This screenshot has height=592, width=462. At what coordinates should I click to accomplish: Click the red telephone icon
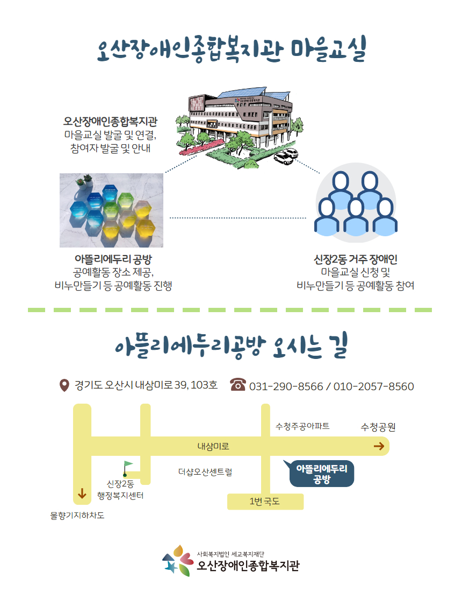(238, 384)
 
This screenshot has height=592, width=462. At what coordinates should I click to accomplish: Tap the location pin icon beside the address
(64, 385)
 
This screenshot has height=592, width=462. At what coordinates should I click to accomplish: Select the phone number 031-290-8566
(286, 386)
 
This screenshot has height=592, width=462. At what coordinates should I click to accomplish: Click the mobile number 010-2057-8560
(373, 386)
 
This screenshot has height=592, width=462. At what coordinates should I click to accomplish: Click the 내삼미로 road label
(213, 446)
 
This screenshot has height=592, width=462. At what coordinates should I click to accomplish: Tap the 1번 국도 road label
(264, 502)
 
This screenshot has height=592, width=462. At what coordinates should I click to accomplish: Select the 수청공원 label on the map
(378, 427)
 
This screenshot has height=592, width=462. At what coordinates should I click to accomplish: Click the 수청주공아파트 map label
(302, 426)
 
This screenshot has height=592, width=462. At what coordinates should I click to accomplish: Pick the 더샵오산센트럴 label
(205, 472)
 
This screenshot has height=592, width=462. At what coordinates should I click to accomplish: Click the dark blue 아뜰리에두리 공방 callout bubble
(321, 474)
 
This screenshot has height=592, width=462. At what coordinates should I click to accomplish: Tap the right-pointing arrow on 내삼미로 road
(379, 446)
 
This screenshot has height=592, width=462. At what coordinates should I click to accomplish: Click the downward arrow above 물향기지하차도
(82, 494)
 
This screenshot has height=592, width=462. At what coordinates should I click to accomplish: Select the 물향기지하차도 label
(77, 516)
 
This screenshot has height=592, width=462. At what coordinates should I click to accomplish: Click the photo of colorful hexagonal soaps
(112, 210)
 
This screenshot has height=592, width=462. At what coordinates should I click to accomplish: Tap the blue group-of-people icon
(356, 203)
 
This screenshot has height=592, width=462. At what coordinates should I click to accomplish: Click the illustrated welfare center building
(239, 126)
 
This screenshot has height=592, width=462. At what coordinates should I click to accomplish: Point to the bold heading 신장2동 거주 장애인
(356, 259)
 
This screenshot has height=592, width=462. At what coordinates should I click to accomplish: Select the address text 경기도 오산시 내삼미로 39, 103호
(146, 385)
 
